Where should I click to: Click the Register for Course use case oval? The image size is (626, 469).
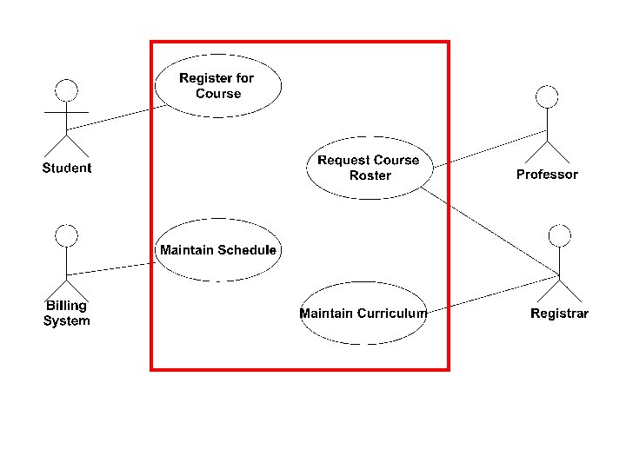[218, 85]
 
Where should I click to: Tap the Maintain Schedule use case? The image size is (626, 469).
[218, 250]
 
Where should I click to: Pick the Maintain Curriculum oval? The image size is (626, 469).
[363, 313]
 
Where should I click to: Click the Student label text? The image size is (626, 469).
[66, 168]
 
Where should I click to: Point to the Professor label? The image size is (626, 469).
[547, 175]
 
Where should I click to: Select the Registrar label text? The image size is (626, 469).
[559, 314]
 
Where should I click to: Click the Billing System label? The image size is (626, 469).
[66, 313]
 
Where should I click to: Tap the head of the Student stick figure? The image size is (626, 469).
[66, 89]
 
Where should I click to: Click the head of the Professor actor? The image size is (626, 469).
[547, 96]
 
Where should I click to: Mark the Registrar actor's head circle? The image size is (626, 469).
[560, 234]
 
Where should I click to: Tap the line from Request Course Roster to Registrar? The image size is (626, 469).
[491, 232]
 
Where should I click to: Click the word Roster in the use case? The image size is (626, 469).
[370, 175]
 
